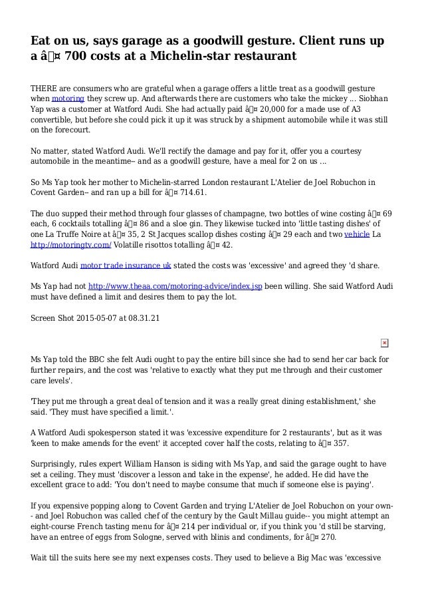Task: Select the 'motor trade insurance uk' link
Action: pyautogui.click(x=126, y=265)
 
